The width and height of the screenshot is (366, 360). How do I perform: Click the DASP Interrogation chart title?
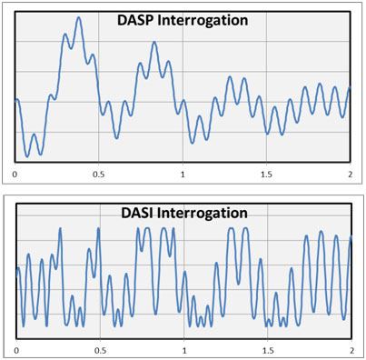coord(183,20)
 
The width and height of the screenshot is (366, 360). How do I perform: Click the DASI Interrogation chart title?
coord(184,213)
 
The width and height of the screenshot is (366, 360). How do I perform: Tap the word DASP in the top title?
coord(137,20)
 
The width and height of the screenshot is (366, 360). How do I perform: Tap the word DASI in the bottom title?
coord(138,213)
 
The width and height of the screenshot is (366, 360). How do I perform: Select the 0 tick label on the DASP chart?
coord(15,173)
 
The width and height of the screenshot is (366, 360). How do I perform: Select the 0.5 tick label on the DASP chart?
coord(98,173)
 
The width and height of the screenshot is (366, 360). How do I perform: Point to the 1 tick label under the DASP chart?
coord(183,173)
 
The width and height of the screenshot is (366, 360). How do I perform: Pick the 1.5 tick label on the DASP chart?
coord(266,173)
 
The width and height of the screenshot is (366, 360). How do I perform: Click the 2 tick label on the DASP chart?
coord(351,173)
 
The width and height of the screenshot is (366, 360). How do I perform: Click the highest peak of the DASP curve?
coord(79,17)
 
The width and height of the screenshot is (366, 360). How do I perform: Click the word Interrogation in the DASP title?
coord(203,20)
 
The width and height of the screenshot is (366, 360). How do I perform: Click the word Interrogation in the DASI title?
coord(202,213)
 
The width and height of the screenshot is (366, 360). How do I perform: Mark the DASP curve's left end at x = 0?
coord(16,100)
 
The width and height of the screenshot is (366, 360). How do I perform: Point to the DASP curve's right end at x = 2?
coord(350,89)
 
